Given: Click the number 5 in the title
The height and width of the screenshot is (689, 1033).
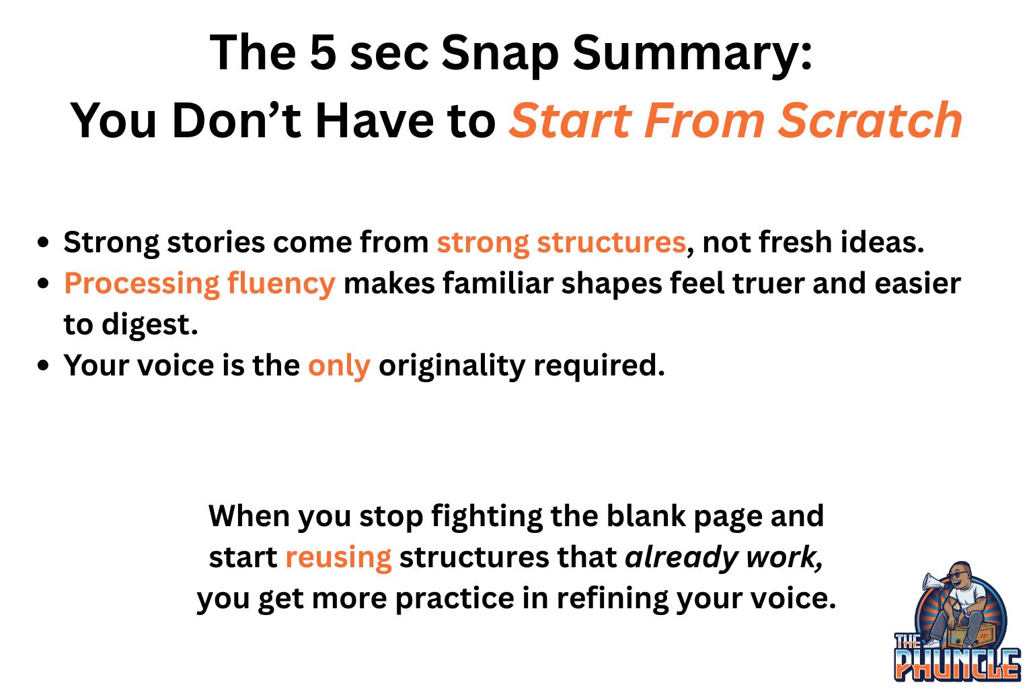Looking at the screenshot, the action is pyautogui.click(x=323, y=52).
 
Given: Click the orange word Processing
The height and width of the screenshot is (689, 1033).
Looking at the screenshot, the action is pyautogui.click(x=142, y=284).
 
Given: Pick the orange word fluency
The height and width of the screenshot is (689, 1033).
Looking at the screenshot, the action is pyautogui.click(x=281, y=284).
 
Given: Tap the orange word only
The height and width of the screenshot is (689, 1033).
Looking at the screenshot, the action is pyautogui.click(x=339, y=367).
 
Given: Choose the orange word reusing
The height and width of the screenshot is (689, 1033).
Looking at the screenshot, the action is pyautogui.click(x=338, y=558).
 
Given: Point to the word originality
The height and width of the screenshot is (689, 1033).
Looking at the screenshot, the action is pyautogui.click(x=452, y=367).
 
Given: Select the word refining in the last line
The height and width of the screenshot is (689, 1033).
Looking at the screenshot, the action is pyautogui.click(x=612, y=600).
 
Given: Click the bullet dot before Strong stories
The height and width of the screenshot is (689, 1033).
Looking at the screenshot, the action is pyautogui.click(x=43, y=242).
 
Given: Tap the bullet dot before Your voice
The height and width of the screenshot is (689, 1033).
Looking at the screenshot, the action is pyautogui.click(x=43, y=366).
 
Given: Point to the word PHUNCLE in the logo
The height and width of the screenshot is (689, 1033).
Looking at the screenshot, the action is pyautogui.click(x=958, y=665).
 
